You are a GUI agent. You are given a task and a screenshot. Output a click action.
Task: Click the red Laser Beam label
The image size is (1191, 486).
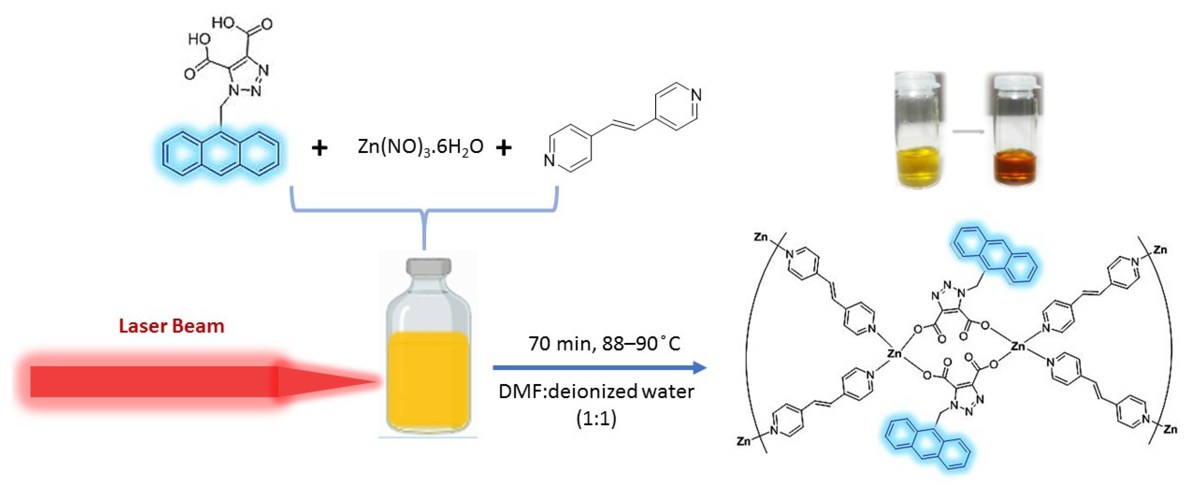[172, 326]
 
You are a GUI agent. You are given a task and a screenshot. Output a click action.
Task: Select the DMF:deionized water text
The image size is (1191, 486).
[596, 392]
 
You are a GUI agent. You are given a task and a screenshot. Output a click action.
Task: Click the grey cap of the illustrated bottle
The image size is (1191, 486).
[428, 266]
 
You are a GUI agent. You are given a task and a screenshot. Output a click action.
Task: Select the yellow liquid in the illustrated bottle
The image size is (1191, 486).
[428, 379]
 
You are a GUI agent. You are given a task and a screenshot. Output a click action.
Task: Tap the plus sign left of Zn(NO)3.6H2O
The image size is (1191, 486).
[319, 148]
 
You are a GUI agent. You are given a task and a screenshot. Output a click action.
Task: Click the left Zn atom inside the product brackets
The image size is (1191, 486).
[894, 354]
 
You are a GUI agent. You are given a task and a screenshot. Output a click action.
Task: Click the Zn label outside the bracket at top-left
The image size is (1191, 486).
[761, 237]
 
